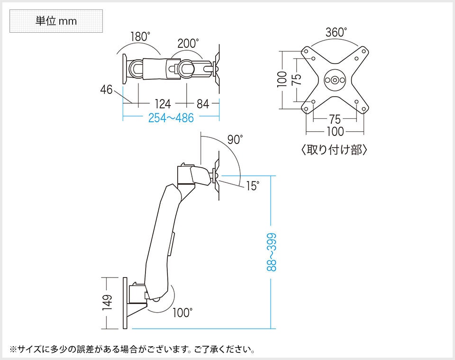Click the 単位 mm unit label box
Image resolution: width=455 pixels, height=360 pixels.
pyautogui.click(x=55, y=22)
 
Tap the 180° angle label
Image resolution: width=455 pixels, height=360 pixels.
pyautogui.click(x=140, y=36)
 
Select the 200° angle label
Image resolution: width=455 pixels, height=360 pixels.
pyautogui.click(x=188, y=44)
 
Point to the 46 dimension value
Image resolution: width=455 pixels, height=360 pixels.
pyautogui.click(x=106, y=89)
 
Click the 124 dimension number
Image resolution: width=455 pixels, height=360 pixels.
pyautogui.click(x=163, y=104)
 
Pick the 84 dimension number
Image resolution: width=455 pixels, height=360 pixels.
pyautogui.click(x=203, y=104)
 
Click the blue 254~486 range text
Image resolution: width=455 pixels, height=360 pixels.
pyautogui.click(x=171, y=118)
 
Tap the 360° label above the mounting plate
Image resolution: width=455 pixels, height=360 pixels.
pyautogui.click(x=336, y=33)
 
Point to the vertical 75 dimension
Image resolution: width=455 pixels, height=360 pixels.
pyautogui.click(x=297, y=80)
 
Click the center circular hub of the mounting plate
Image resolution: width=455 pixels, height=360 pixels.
pyautogui.click(x=335, y=80)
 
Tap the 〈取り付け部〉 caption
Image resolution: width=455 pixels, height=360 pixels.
pyautogui.click(x=335, y=150)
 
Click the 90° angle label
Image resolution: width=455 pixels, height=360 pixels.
pyautogui.click(x=235, y=140)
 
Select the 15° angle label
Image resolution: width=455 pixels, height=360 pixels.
pyautogui.click(x=252, y=186)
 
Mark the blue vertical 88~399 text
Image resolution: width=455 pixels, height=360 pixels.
pyautogui.click(x=272, y=252)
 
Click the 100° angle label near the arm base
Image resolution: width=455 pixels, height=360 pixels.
pyautogui.click(x=182, y=313)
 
